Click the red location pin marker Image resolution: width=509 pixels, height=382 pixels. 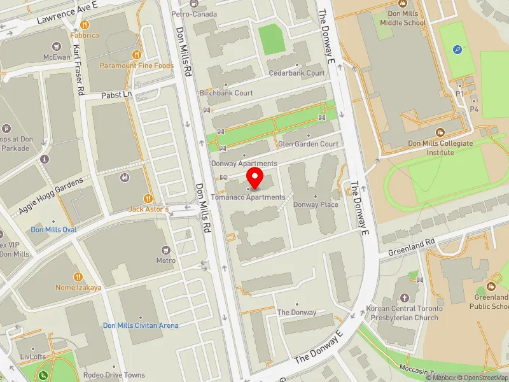click(x=255, y=178)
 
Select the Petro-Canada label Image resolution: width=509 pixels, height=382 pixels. click(x=194, y=14)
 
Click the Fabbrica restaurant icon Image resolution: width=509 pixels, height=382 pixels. click(x=84, y=25)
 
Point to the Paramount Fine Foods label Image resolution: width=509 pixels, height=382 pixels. click(x=136, y=66)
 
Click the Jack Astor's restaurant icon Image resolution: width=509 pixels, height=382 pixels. click(x=148, y=199)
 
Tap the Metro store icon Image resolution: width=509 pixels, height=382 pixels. click(x=166, y=250)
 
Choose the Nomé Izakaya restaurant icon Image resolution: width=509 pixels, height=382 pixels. click(x=78, y=277)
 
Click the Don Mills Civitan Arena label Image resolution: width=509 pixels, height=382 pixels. click(x=141, y=325)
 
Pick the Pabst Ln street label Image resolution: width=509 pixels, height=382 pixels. click(x=116, y=94)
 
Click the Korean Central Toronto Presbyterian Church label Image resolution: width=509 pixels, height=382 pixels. click(x=402, y=313)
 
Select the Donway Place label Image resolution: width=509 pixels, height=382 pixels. click(x=316, y=205)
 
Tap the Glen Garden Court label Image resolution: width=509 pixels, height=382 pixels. click(x=309, y=144)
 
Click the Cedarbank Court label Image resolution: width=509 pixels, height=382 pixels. click(x=296, y=73)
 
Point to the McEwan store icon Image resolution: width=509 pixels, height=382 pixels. click(x=57, y=46)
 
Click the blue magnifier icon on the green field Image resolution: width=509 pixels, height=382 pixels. click(x=457, y=49)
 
